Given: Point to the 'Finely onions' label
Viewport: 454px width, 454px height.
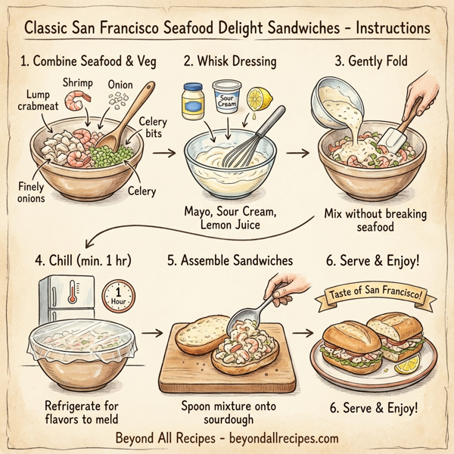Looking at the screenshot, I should click(x=35, y=192).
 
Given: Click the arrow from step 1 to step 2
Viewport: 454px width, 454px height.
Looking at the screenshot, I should click(x=163, y=151).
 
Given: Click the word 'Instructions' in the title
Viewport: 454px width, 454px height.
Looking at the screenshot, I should click(x=381, y=28).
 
